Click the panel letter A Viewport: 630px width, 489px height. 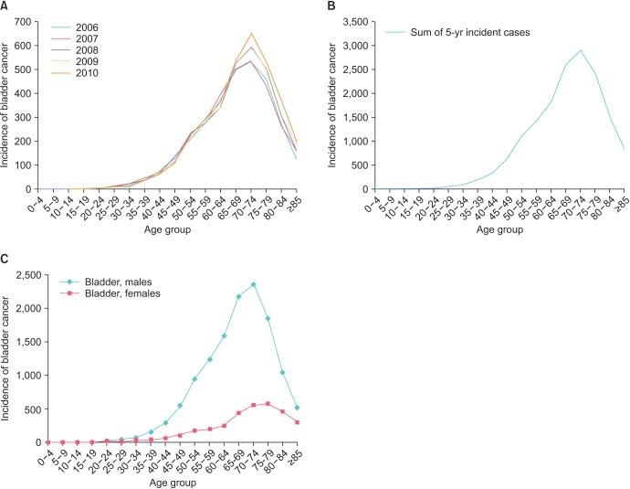pos(5,6)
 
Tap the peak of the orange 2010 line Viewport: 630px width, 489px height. pos(251,34)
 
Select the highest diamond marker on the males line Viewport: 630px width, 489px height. pos(253,285)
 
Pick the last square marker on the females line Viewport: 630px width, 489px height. pos(298,422)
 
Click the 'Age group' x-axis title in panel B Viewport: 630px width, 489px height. pos(499,230)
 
